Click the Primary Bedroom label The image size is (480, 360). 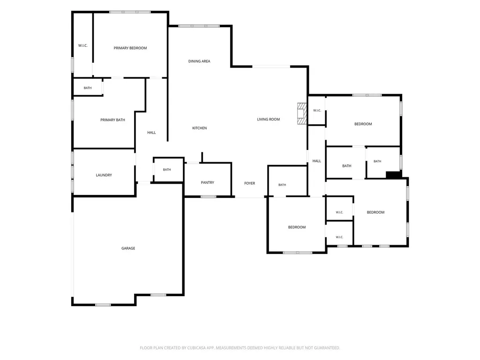click(x=130, y=48)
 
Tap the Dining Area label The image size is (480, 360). click(x=199, y=61)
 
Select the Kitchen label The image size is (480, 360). click(x=200, y=128)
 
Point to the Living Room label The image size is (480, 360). click(x=269, y=120)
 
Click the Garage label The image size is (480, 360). click(x=128, y=248)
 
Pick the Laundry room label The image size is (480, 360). click(x=104, y=175)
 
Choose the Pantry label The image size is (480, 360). click(x=208, y=182)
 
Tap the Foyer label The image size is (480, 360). click(x=250, y=183)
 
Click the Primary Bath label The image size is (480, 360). click(x=112, y=120)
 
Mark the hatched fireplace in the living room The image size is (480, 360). click(x=302, y=113)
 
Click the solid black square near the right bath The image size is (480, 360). click(x=394, y=175)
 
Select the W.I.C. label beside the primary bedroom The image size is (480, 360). click(x=83, y=45)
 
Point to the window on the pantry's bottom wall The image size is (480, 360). click(x=209, y=196)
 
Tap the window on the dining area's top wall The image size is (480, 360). click(x=199, y=26)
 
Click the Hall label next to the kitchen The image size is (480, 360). click(x=151, y=133)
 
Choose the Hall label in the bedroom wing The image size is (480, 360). click(x=317, y=161)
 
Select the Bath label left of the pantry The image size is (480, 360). click(x=167, y=170)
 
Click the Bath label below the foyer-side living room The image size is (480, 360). click(x=282, y=185)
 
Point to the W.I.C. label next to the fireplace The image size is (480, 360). click(x=317, y=111)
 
